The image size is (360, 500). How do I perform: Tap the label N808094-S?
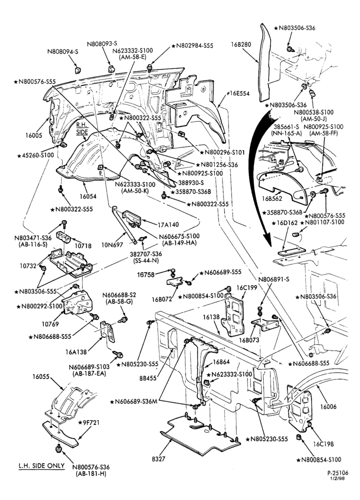coord(63,51)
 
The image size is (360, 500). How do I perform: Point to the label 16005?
coord(33,135)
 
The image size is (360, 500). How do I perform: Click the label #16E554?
coord(238,94)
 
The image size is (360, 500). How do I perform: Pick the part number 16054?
coord(88,196)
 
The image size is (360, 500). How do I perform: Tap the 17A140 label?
coord(168,224)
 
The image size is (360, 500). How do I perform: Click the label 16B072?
coord(161,299)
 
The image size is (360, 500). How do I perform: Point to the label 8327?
coord(159,459)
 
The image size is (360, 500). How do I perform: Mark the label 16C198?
coord(323,444)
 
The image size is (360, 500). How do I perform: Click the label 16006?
coord(328,406)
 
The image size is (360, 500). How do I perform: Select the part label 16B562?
coord(272,198)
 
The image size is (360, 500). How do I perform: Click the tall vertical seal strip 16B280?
coord(264,60)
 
